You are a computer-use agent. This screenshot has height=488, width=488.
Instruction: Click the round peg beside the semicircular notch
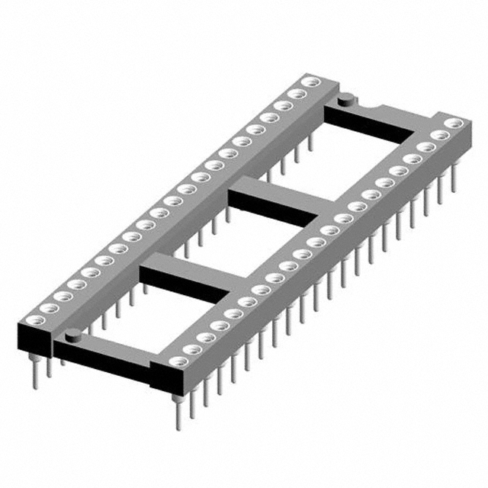click(x=344, y=97)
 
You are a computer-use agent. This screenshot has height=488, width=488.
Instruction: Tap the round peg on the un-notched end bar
click(x=72, y=333)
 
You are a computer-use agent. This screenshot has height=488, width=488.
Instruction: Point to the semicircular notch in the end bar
click(x=363, y=104)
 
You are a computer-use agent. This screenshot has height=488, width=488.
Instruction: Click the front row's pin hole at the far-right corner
click(x=451, y=122)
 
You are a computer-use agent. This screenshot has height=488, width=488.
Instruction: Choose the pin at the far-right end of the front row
click(x=454, y=178)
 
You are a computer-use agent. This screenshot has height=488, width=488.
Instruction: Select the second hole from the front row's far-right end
click(x=438, y=135)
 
